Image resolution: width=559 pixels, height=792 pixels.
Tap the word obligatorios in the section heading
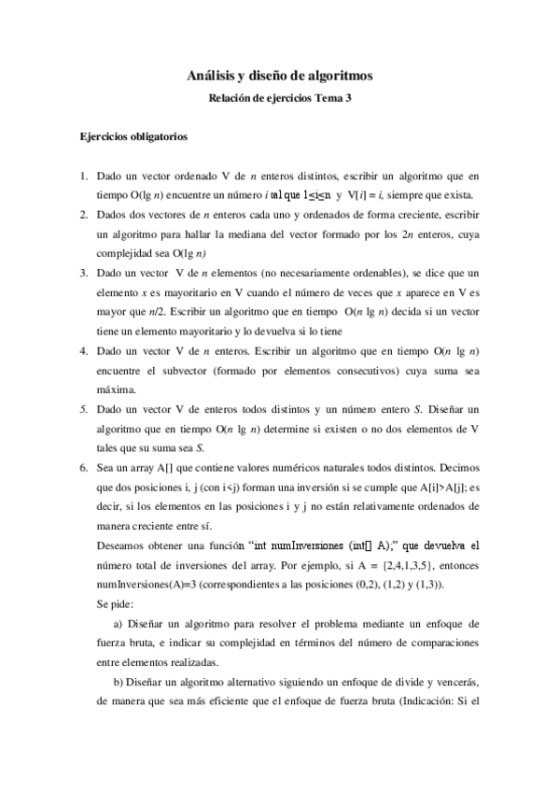pos(160,136)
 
